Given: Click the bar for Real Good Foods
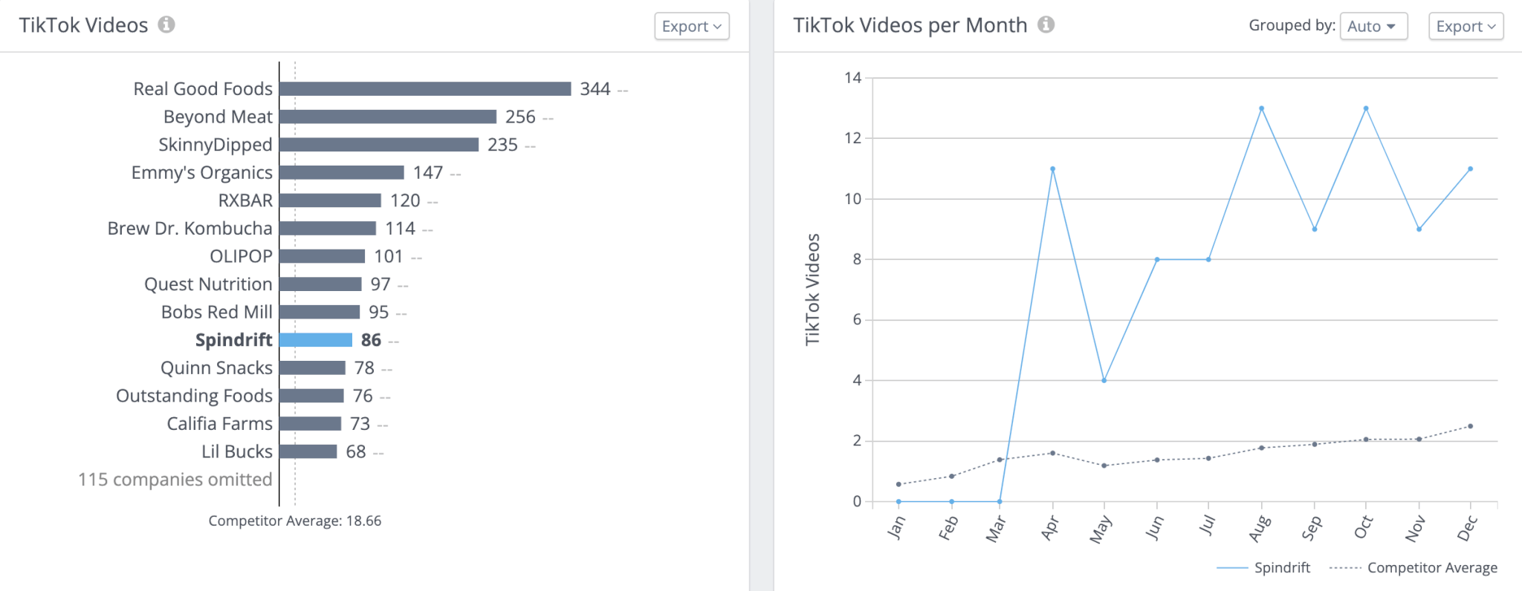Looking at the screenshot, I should [425, 89].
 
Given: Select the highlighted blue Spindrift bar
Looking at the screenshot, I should [316, 340].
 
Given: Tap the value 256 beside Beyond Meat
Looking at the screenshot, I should [520, 117].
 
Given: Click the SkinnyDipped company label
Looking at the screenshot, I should [215, 145].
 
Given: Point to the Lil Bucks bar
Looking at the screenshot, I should [308, 451].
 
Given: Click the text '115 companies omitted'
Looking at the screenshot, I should [175, 480].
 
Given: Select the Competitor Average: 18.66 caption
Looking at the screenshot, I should [294, 521].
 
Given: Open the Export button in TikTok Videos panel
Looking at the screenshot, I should [691, 27].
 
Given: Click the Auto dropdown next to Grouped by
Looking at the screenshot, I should [1373, 27].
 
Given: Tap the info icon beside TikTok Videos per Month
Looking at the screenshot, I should [1046, 25].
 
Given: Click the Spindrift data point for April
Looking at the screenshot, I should [1052, 169].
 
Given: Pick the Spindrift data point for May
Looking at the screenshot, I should [1104, 381].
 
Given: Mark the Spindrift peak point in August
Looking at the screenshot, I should [1261, 108].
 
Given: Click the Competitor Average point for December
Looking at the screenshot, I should [1470, 426].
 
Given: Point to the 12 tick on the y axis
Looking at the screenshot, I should [852, 138].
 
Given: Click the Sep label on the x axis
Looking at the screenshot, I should [1311, 528].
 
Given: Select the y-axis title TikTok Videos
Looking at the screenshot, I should [812, 290].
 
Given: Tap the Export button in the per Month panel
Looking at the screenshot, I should [1466, 27].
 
